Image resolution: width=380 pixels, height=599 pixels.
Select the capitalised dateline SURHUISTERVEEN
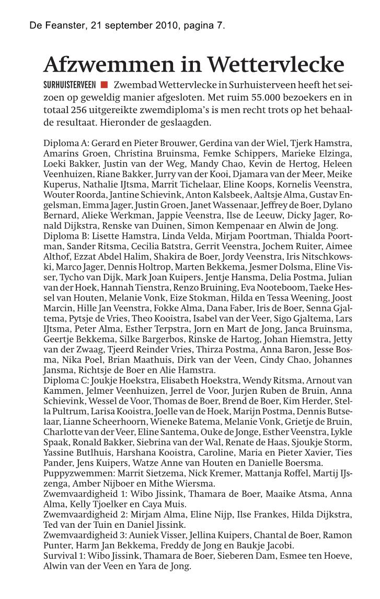(x=70, y=85)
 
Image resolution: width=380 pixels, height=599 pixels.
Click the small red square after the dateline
(x=104, y=85)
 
